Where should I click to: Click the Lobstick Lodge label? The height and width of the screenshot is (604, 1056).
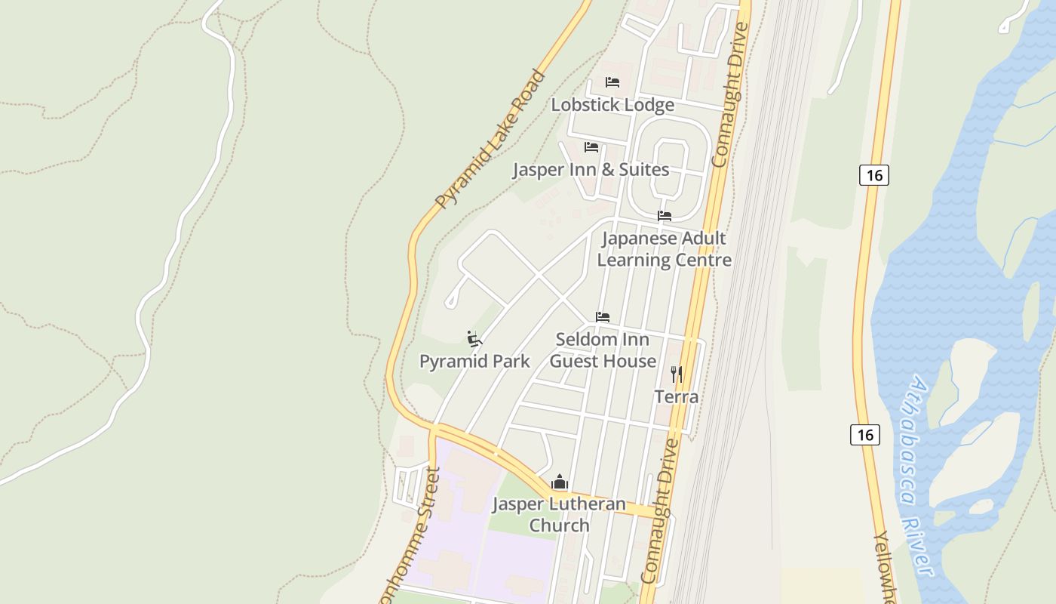612,105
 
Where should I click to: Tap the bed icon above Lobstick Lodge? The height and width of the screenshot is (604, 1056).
612,82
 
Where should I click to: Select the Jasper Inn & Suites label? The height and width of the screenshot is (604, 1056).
591,169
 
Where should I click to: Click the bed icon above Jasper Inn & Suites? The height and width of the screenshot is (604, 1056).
591,147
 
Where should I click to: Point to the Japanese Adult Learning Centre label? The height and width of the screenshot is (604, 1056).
664,249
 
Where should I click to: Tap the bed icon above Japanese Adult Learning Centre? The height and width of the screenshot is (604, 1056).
665,216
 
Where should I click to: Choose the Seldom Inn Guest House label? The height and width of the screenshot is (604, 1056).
603,350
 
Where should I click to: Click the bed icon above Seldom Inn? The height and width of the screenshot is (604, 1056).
603,317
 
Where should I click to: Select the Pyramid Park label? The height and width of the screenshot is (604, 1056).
474,361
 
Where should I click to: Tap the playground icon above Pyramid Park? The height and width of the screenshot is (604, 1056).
474,339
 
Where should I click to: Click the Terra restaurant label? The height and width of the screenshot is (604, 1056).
677,396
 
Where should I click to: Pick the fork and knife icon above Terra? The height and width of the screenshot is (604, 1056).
677,374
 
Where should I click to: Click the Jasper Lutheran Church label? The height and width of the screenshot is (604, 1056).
559,514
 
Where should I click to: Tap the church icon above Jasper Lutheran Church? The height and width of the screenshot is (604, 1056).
559,482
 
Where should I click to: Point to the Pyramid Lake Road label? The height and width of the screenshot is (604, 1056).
490,139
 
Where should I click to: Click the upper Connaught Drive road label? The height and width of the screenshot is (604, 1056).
730,94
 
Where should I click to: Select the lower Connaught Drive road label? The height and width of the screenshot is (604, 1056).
659,511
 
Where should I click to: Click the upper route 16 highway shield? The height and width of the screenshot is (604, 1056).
874,175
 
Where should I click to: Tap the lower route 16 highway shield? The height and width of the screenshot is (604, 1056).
865,435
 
